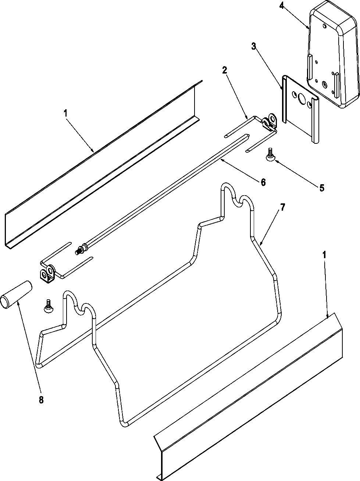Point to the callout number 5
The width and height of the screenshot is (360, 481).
point(322,188)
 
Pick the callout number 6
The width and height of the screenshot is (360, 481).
point(263,182)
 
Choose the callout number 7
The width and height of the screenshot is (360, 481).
point(282,207)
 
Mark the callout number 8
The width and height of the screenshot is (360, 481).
point(41,400)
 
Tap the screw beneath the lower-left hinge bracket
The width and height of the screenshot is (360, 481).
point(48,306)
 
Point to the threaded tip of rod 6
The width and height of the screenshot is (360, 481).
point(78,252)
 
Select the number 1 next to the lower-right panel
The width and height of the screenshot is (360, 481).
point(324,255)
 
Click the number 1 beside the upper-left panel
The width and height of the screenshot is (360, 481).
point(66,113)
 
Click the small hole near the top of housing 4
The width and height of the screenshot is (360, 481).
point(324,26)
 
